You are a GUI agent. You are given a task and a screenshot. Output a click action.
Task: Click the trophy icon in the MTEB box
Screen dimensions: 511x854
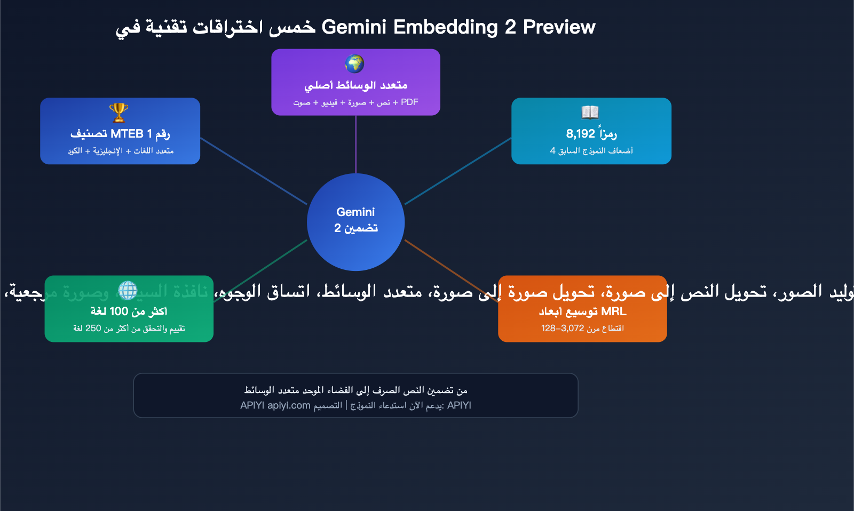118,113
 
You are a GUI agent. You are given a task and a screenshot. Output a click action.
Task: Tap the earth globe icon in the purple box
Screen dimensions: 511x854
354,63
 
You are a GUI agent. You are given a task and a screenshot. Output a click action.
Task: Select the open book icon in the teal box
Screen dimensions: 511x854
590,112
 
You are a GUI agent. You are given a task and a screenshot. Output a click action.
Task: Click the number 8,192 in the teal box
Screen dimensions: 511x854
580,133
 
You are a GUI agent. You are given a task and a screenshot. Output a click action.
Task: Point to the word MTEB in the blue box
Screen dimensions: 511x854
127,133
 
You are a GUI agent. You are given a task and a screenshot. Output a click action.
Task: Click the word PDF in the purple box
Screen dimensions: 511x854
409,102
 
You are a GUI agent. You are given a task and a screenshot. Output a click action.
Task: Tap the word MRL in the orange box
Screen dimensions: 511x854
614,311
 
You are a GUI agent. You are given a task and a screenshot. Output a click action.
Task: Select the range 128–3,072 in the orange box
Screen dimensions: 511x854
563,328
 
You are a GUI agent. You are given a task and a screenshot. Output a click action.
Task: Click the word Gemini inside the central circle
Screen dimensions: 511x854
355,212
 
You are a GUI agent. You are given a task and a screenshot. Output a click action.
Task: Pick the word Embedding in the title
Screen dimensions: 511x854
446,27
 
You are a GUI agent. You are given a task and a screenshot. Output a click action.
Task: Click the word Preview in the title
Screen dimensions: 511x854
559,27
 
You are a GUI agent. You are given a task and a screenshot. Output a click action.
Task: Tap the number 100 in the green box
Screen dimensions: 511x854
118,311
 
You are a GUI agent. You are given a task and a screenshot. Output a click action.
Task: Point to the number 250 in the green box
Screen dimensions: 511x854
93,328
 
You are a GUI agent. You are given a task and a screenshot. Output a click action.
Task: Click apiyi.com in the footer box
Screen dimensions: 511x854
289,405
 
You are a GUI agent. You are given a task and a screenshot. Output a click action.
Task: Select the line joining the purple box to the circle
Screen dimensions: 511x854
355,144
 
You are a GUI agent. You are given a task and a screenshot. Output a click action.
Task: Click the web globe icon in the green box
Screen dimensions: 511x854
128,290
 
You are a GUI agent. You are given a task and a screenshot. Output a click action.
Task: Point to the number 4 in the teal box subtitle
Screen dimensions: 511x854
553,150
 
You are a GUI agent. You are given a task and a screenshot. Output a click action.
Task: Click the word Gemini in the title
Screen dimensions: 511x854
353,27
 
